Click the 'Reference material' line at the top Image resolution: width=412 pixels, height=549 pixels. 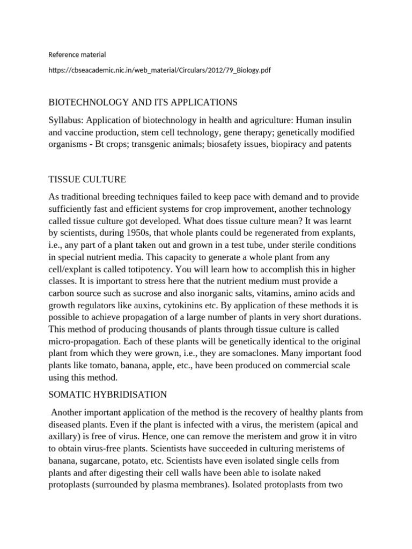pos(77,54)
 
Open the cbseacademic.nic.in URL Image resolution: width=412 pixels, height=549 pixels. pos(159,71)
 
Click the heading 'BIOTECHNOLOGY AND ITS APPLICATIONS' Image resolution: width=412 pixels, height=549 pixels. pos(143,102)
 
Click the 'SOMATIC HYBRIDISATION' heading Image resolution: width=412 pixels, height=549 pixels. pos(107,395)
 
